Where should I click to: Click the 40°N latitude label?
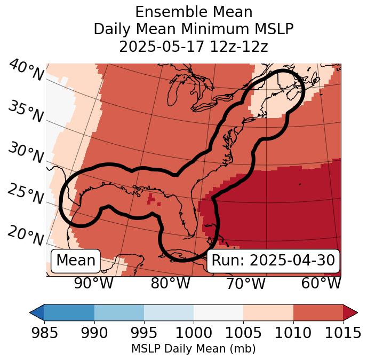pos(26,71)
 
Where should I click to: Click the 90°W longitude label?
pos(93,284)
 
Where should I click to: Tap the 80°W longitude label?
pos(171,284)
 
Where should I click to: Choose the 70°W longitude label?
pos(245,284)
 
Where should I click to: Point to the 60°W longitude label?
pos(321,284)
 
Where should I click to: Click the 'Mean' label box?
pos(76,261)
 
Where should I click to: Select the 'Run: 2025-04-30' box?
pos(273,261)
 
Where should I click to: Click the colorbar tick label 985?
pos(44,333)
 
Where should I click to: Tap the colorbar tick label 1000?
pos(194,333)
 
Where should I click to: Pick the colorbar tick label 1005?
pos(243,333)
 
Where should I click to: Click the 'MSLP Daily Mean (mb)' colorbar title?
pos(193,349)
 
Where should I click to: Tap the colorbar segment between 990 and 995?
pos(119,312)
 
